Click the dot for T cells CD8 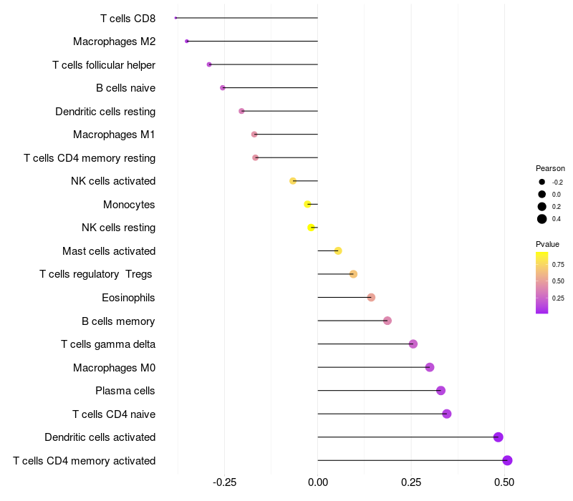pyautogui.click(x=175, y=18)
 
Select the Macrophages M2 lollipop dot pyautogui.click(x=187, y=42)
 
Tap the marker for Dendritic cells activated pyautogui.click(x=498, y=437)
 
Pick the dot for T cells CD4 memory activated pyautogui.click(x=507, y=460)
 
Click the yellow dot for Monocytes pyautogui.click(x=308, y=204)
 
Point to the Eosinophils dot pyautogui.click(x=371, y=297)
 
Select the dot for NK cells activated pyautogui.click(x=293, y=181)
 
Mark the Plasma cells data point pyautogui.click(x=440, y=390)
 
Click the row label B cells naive pyautogui.click(x=126, y=88)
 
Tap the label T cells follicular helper pyautogui.click(x=104, y=65)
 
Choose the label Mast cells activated pyautogui.click(x=109, y=251)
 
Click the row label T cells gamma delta pyautogui.click(x=108, y=344)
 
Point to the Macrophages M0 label pyautogui.click(x=115, y=368)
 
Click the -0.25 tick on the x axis pyautogui.click(x=224, y=482)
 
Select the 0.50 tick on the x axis pyautogui.click(x=504, y=482)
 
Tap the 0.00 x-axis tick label pyautogui.click(x=318, y=482)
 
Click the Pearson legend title pyautogui.click(x=550, y=168)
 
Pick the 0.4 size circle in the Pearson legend pyautogui.click(x=542, y=219)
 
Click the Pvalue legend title pyautogui.click(x=547, y=244)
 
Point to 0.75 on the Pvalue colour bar pyautogui.click(x=558, y=264)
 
